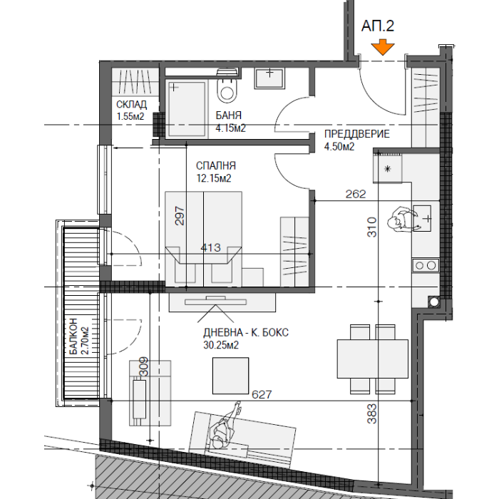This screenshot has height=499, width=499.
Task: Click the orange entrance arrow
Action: (383, 48)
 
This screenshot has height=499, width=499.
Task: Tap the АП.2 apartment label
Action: (378, 26)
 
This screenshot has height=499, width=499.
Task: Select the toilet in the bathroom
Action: (227, 86)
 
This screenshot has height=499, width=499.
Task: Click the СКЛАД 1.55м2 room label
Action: (131, 110)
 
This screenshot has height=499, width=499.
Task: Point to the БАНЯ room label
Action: (229, 115)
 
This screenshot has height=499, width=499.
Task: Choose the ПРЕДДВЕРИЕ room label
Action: (356, 134)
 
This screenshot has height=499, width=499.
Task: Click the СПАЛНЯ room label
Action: (216, 166)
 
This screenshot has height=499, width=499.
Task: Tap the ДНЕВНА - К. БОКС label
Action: (246, 333)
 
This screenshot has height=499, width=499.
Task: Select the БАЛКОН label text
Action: (73, 336)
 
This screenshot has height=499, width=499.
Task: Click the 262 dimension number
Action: (356, 194)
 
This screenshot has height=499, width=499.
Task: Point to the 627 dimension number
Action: (262, 395)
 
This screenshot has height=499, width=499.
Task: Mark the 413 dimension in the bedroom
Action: (211, 247)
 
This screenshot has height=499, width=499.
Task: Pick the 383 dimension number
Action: (371, 413)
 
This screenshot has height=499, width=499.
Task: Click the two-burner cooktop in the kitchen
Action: (426, 265)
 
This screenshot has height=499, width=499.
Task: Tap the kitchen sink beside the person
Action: (422, 218)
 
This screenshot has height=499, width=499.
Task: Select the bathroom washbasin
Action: (269, 78)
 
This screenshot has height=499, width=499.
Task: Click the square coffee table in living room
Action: (230, 376)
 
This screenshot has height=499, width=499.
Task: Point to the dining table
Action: (372, 359)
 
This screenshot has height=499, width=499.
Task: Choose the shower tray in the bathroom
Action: (187, 109)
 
